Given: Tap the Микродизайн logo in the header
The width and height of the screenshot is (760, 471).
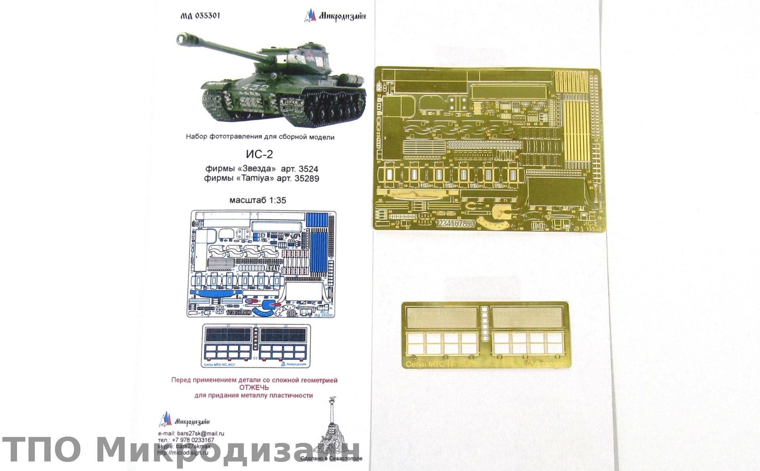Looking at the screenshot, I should [335, 16].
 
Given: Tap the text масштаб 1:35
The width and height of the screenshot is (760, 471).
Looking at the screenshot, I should [258, 200].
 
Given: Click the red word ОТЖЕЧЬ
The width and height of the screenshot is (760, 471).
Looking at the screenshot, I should [254, 387].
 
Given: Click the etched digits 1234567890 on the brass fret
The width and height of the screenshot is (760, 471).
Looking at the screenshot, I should [455, 224].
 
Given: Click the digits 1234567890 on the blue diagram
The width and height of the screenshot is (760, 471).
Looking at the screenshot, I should [239, 312].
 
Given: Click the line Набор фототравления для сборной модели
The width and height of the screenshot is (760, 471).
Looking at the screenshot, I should [260, 137].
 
